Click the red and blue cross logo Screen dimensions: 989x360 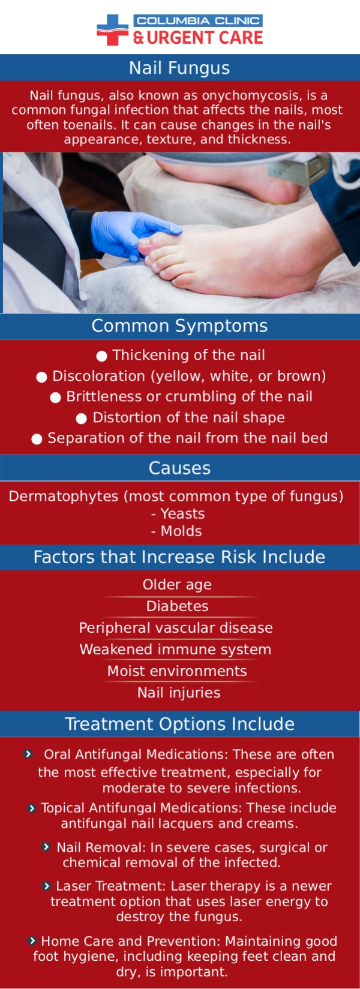[112, 30]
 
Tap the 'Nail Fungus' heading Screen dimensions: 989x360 [179, 68]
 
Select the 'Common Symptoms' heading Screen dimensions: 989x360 [179, 326]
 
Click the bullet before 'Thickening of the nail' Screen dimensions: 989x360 [102, 356]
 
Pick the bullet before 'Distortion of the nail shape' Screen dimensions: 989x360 [82, 418]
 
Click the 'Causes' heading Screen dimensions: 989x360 [179, 468]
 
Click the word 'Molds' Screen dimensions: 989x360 [181, 531]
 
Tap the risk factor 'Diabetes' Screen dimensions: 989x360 [178, 606]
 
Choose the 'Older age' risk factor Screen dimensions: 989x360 [177, 585]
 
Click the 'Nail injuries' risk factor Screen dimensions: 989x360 [179, 693]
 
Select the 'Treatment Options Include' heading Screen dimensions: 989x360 [179, 724]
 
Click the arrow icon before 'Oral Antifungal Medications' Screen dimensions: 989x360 [28, 754]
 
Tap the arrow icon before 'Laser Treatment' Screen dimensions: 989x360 [47, 886]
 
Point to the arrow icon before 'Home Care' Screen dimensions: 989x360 [32, 940]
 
